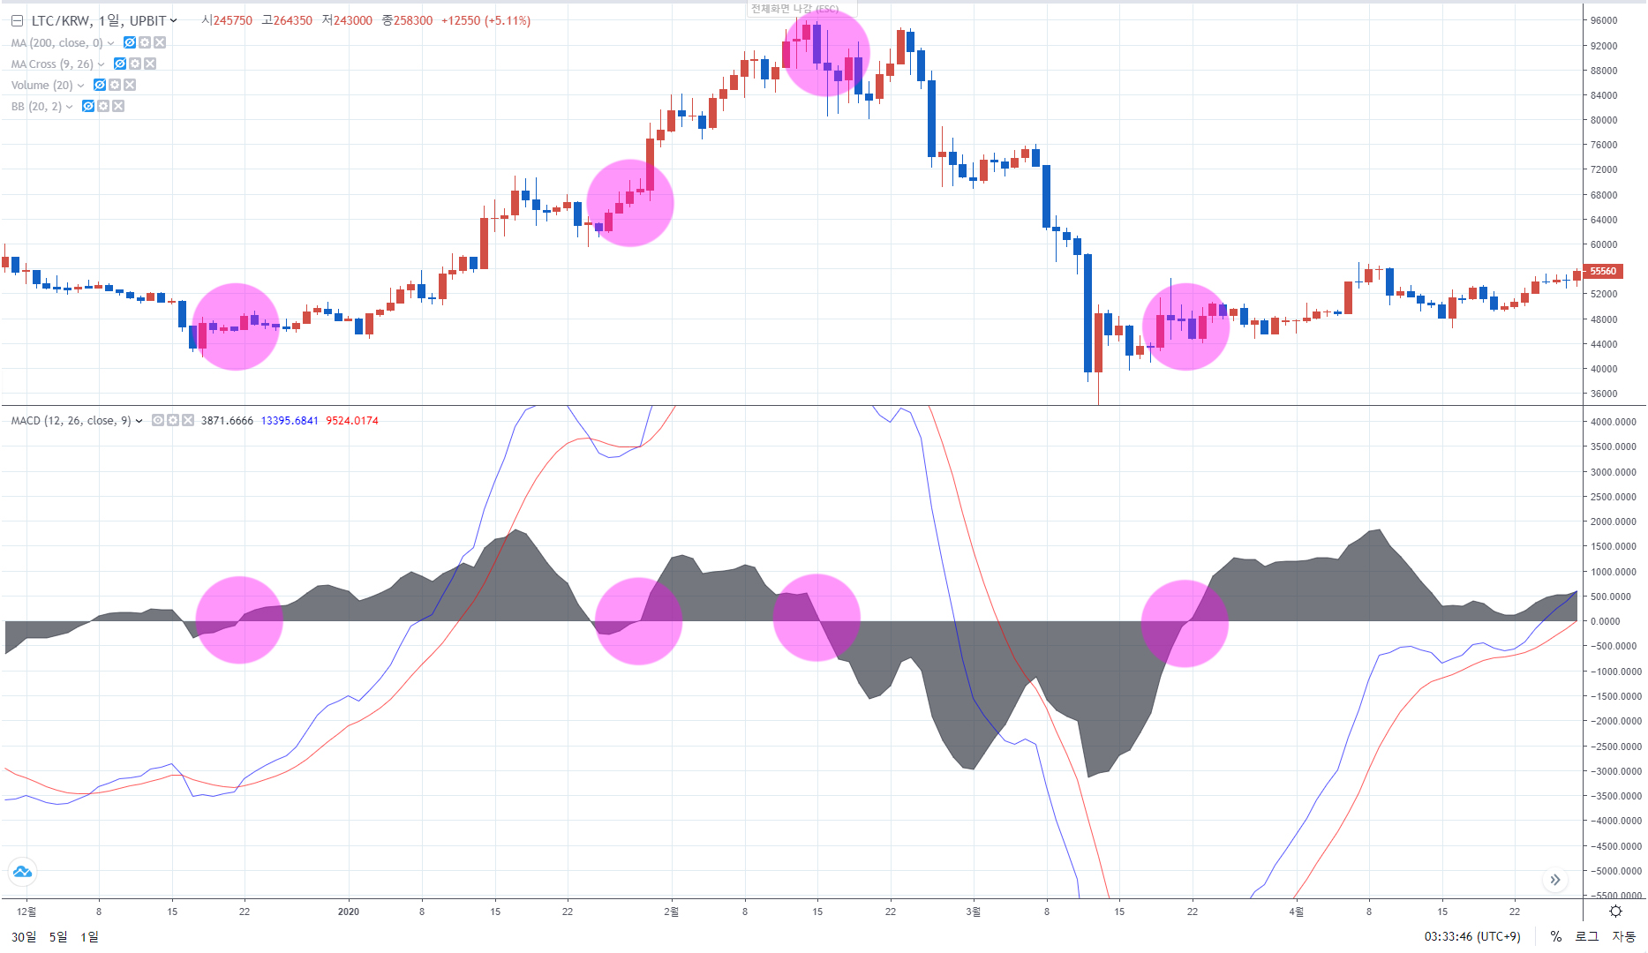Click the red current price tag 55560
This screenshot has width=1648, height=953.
[x=1603, y=272]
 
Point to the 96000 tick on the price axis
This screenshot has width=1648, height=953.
[x=1604, y=20]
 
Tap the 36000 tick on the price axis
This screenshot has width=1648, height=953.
[x=1604, y=394]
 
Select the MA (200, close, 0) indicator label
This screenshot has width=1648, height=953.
[x=56, y=42]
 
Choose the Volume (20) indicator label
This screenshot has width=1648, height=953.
[x=41, y=85]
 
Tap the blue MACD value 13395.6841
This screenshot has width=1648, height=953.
[x=290, y=421]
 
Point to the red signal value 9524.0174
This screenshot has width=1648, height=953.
[x=352, y=421]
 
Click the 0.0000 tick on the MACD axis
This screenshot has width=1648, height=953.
[x=1606, y=621]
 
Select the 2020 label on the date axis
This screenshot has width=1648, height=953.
[x=349, y=912]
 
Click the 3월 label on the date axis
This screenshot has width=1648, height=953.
[x=973, y=912]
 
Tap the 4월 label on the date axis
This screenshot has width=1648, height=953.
[x=1296, y=912]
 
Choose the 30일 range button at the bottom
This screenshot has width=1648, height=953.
[x=24, y=936]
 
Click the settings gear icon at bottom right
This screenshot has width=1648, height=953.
[x=1615, y=912]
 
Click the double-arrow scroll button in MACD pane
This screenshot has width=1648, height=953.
[x=1555, y=880]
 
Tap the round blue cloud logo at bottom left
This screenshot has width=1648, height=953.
[x=22, y=872]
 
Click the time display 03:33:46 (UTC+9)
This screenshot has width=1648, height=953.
[x=1471, y=936]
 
